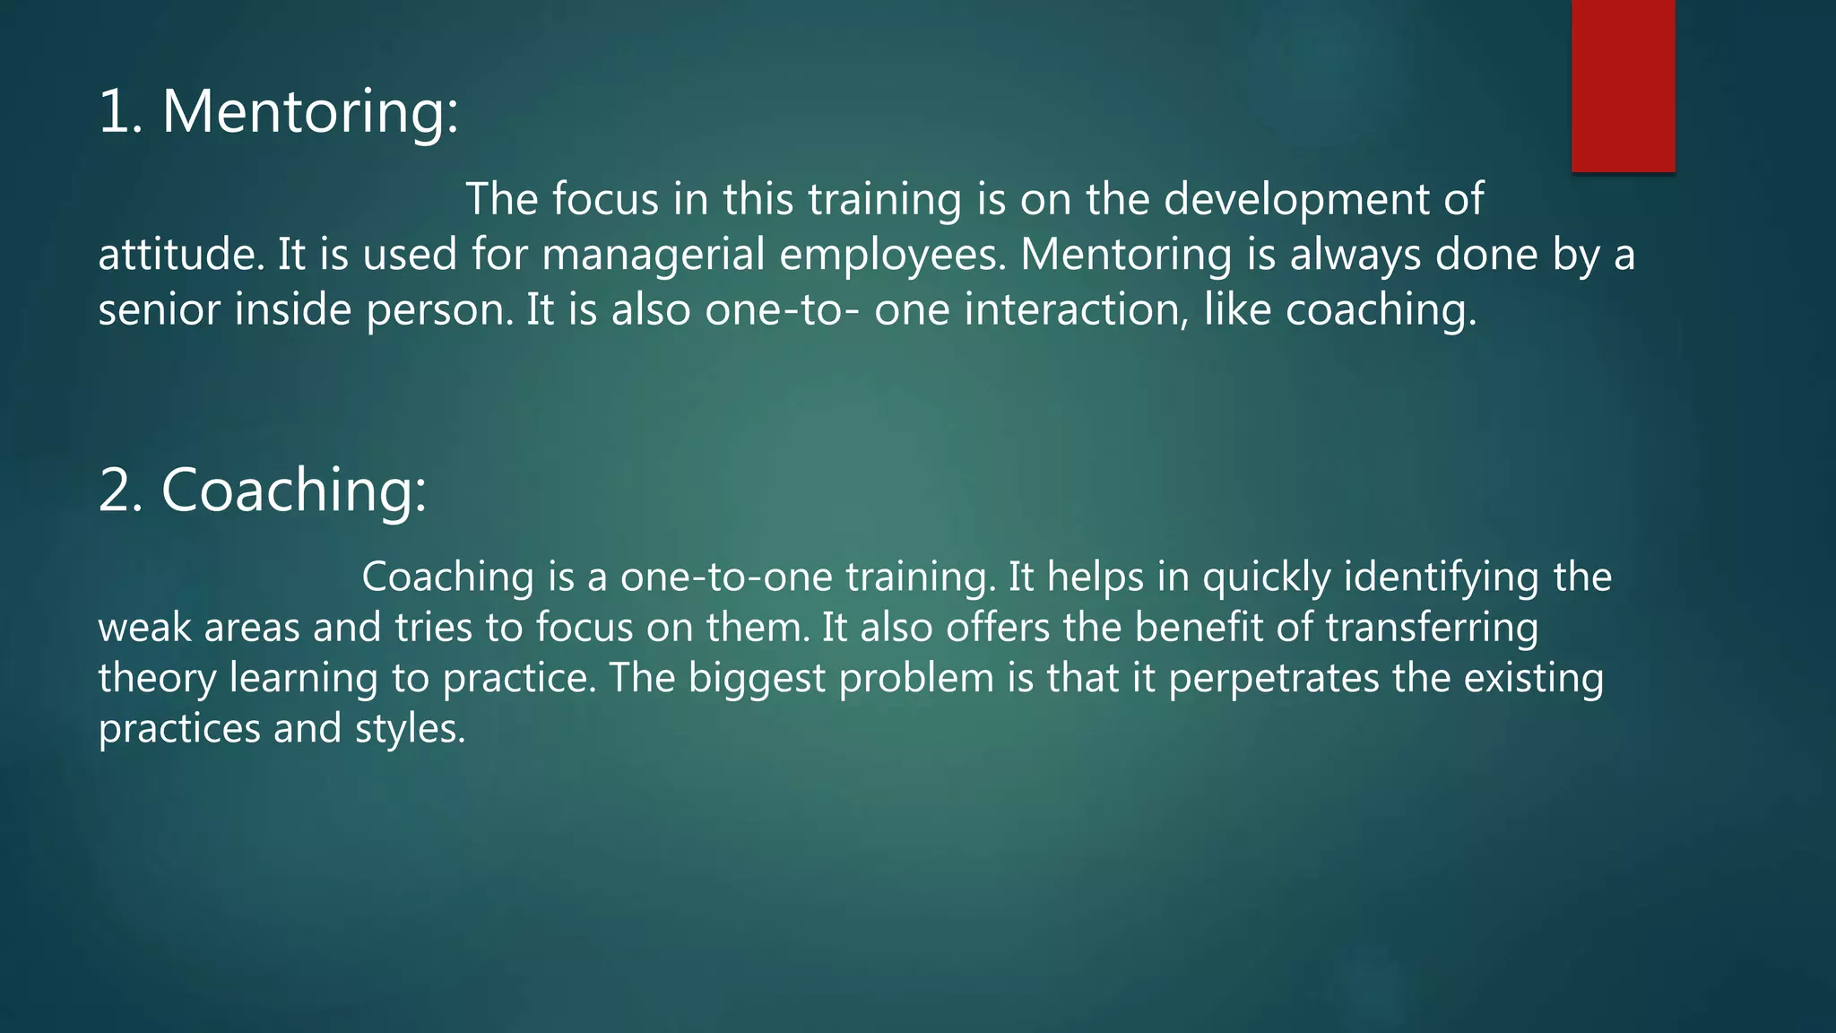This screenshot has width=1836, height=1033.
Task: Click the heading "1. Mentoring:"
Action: click(x=278, y=112)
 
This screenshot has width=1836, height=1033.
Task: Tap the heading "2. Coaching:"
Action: click(x=262, y=490)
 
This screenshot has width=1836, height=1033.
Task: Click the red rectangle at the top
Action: click(x=1623, y=85)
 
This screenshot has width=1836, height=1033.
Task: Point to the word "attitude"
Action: click(x=180, y=255)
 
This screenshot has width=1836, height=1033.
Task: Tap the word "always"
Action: click(x=1355, y=256)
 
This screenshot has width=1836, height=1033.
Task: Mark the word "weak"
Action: click(x=144, y=628)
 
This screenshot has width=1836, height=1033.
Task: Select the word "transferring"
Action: click(x=1432, y=628)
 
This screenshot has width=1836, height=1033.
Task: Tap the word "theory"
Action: click(x=157, y=679)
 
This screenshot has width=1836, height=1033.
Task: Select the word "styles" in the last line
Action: click(x=409, y=729)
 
